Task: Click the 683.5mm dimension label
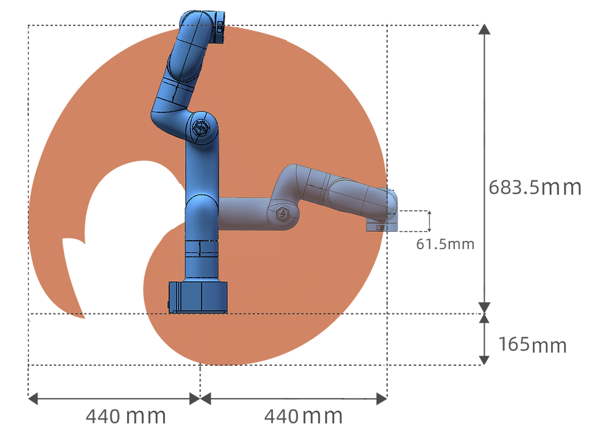tap(535, 187)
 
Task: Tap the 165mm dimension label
tap(532, 345)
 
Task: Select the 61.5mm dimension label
tap(445, 245)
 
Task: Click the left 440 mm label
tap(126, 417)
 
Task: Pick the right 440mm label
tap(304, 417)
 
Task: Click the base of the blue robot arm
tap(198, 297)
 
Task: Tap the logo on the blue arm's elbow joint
tap(201, 127)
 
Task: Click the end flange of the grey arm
tap(382, 226)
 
